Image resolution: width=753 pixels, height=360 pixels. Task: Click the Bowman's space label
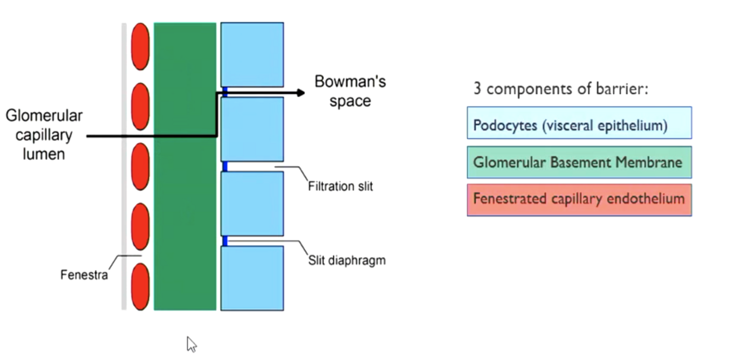[350, 91]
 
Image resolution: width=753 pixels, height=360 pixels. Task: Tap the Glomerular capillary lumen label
[44, 135]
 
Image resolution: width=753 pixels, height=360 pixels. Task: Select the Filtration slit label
[340, 186]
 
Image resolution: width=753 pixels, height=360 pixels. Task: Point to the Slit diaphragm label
[347, 260]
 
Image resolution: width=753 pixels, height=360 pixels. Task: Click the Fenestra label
[84, 275]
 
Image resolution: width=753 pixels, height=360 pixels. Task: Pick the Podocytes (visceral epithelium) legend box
[579, 123]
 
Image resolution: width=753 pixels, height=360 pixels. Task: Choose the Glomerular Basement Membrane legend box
[579, 163]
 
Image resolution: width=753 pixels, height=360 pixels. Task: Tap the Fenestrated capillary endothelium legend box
[579, 200]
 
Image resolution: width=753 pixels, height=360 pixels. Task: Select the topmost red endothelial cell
[141, 46]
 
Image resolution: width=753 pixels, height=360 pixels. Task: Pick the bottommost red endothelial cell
[141, 287]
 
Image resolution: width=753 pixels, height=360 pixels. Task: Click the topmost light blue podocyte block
[252, 54]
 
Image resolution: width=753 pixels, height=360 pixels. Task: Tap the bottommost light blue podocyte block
[252, 278]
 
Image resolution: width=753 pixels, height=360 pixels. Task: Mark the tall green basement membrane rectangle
[185, 166]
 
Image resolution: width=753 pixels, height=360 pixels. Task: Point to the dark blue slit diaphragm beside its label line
[225, 241]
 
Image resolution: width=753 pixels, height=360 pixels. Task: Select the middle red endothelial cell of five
[141, 166]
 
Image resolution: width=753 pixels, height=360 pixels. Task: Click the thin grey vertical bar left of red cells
[124, 166]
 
